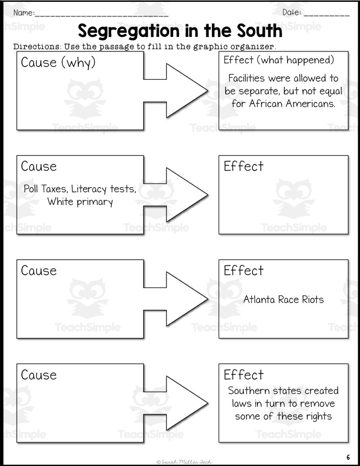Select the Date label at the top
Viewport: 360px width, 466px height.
[292, 13]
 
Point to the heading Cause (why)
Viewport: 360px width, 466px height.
[58, 63]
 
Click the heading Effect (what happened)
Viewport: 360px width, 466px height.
[279, 60]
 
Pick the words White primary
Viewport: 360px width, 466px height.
[80, 202]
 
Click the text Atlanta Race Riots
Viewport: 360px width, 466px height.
[283, 299]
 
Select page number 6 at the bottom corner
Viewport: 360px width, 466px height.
[348, 457]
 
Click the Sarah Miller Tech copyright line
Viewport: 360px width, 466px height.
[184, 462]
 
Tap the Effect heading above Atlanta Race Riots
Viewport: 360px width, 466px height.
[243, 271]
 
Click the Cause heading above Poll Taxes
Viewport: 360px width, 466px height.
[39, 166]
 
